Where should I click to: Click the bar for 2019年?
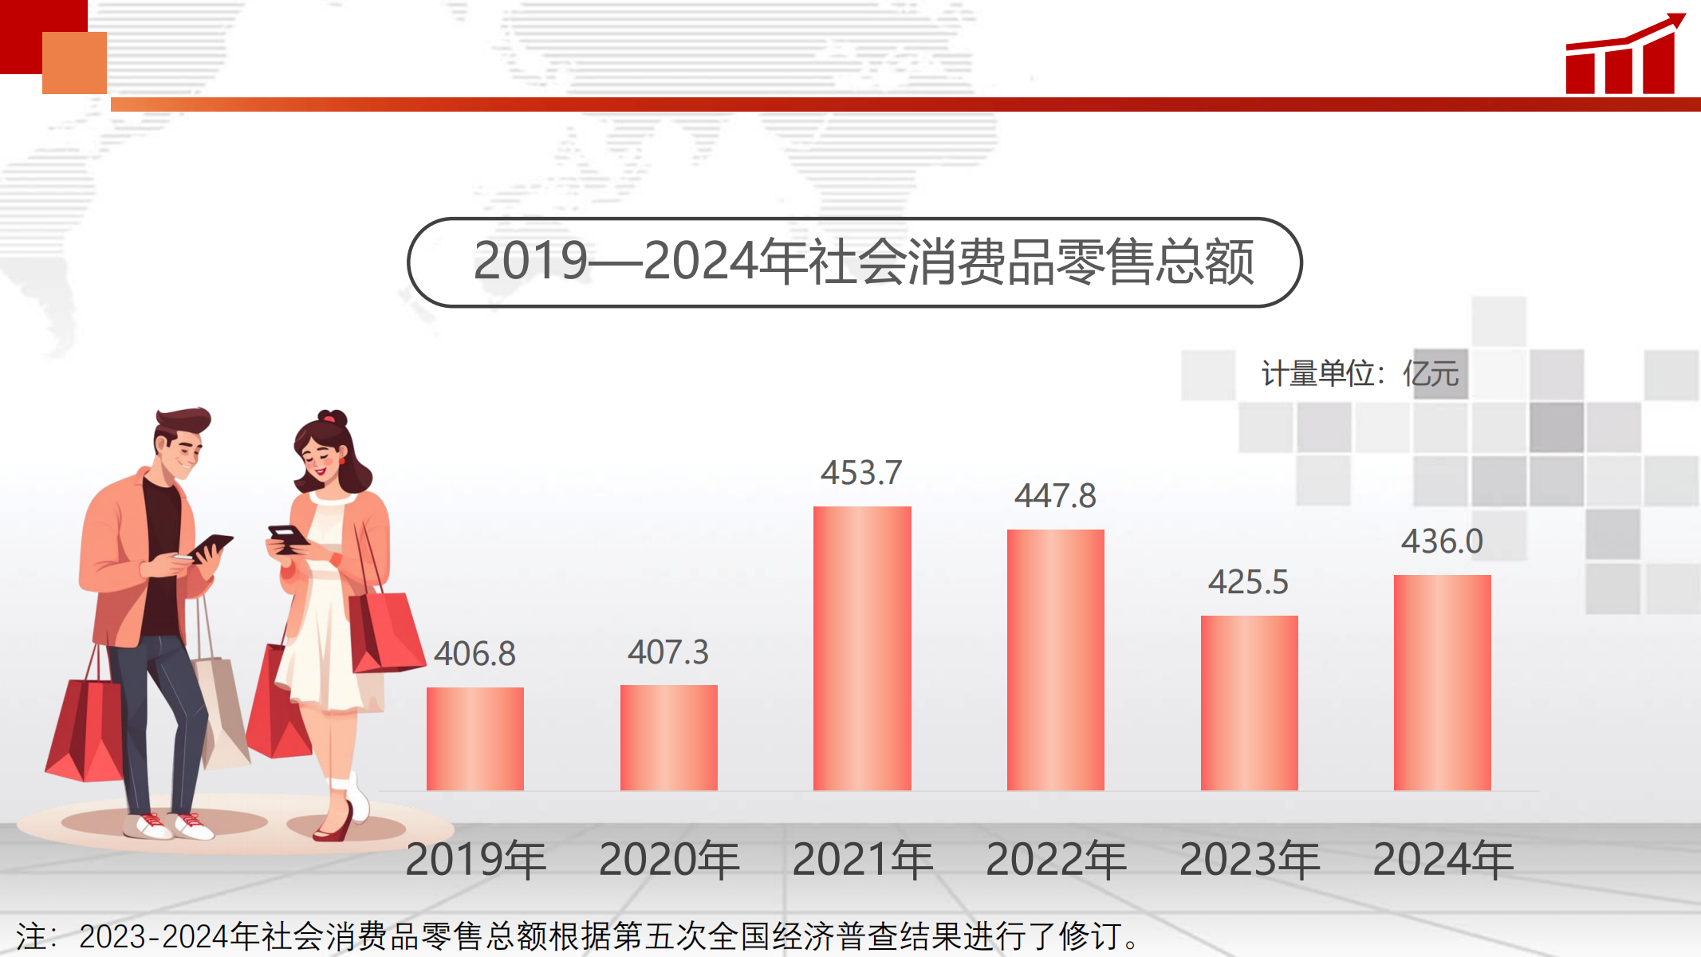[474, 738]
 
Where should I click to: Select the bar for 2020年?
[668, 738]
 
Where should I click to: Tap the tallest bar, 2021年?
[862, 648]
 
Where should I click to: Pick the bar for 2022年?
[1055, 660]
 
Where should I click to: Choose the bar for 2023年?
[1249, 703]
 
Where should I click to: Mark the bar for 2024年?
[1442, 683]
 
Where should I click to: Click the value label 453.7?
[861, 473]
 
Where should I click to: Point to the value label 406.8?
[474, 654]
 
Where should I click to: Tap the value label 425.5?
[1248, 582]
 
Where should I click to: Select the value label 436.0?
[1442, 542]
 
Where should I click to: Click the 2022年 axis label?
[1056, 860]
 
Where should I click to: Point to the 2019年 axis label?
[475, 860]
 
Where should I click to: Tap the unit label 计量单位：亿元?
[1360, 373]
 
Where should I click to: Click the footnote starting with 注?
[578, 936]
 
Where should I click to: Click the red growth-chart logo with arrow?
[1624, 56]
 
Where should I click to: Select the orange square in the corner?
[74, 63]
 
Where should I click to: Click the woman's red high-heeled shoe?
[335, 825]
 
